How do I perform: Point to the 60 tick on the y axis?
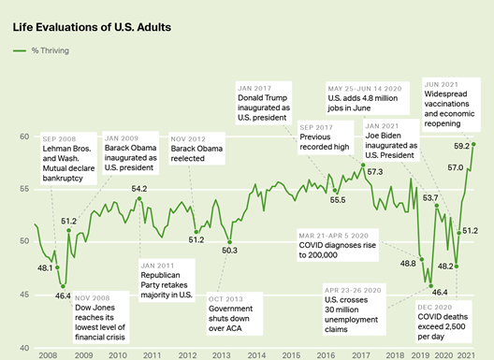coord(24,137)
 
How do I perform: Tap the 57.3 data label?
coord(376,172)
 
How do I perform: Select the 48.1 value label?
coord(44,267)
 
